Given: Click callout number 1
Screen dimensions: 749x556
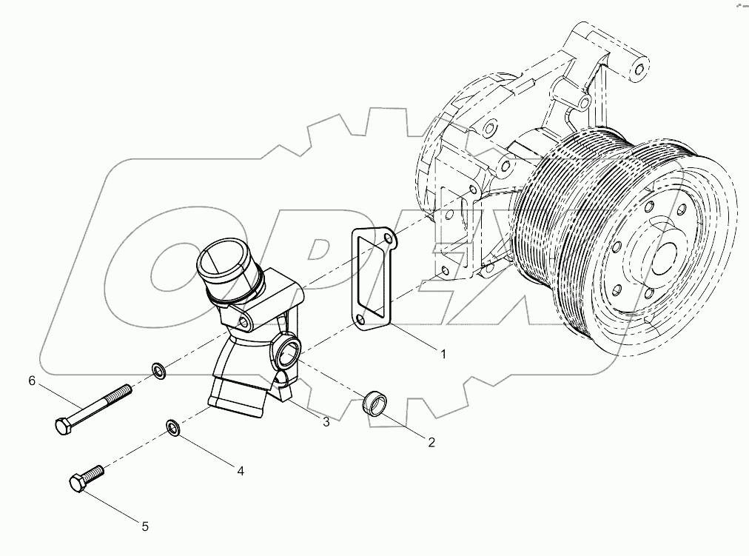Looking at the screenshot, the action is [443, 355].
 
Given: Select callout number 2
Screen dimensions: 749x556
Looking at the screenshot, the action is [431, 443].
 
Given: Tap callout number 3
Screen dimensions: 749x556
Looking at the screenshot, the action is [325, 422].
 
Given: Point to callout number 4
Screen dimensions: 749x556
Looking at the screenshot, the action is [240, 469].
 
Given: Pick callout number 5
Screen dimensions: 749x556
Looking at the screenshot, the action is [145, 526].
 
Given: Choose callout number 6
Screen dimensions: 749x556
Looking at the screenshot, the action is [32, 381].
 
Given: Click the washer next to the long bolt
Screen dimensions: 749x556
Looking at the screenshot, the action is [158, 369].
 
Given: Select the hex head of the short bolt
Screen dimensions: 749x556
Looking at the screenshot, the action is [78, 483].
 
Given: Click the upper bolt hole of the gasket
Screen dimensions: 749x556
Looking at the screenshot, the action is [389, 238].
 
